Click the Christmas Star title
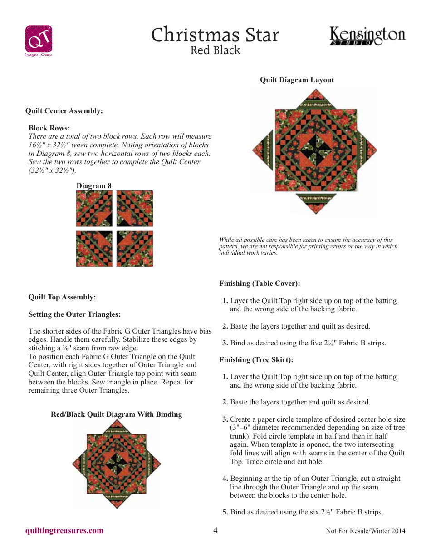(x=215, y=35)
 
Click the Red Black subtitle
(x=215, y=50)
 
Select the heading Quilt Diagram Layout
(x=297, y=80)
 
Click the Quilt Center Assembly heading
(x=64, y=111)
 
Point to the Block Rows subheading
(x=49, y=128)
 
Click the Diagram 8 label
(x=94, y=186)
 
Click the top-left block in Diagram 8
(x=94, y=209)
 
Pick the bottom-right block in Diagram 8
(x=135, y=249)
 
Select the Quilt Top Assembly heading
(x=62, y=297)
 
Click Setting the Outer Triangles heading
(x=74, y=314)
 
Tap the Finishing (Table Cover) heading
(x=260, y=284)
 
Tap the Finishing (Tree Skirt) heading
(x=256, y=360)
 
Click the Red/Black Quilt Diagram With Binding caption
(x=116, y=414)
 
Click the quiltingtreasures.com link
(x=64, y=530)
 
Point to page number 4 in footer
(x=215, y=530)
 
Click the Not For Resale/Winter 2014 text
(x=365, y=531)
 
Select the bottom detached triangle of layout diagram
(x=316, y=201)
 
